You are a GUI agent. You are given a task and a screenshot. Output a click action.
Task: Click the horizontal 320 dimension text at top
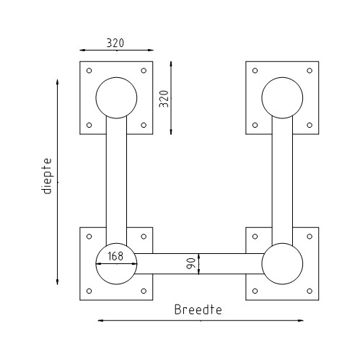pos(115,43)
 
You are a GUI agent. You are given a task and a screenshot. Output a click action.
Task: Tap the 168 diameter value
pos(115,255)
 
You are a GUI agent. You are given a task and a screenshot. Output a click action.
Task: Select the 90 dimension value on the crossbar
pos(190,264)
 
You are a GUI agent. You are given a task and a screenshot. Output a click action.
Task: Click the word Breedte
pos(196,310)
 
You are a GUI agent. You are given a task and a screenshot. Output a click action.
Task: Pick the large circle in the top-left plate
pos(115,98)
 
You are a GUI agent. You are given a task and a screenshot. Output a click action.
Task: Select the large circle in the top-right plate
pos(282,98)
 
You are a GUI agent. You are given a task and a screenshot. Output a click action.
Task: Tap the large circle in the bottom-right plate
pos(282,264)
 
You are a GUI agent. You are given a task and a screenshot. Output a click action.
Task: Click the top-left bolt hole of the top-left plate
pos(89,71)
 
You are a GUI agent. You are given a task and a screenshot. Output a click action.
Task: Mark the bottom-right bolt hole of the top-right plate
pos(309,125)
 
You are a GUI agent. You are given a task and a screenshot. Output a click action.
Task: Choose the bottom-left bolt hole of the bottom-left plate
pos(89,291)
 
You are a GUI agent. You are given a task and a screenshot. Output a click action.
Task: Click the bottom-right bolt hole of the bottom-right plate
pos(309,291)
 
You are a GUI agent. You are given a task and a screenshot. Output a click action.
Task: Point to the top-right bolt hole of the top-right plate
pos(309,71)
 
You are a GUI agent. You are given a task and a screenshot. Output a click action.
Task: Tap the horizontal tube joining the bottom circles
pos(198,264)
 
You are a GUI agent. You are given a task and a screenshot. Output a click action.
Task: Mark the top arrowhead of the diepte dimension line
pos(58,81)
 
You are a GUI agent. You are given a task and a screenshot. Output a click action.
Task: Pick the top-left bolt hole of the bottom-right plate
pos(255,237)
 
